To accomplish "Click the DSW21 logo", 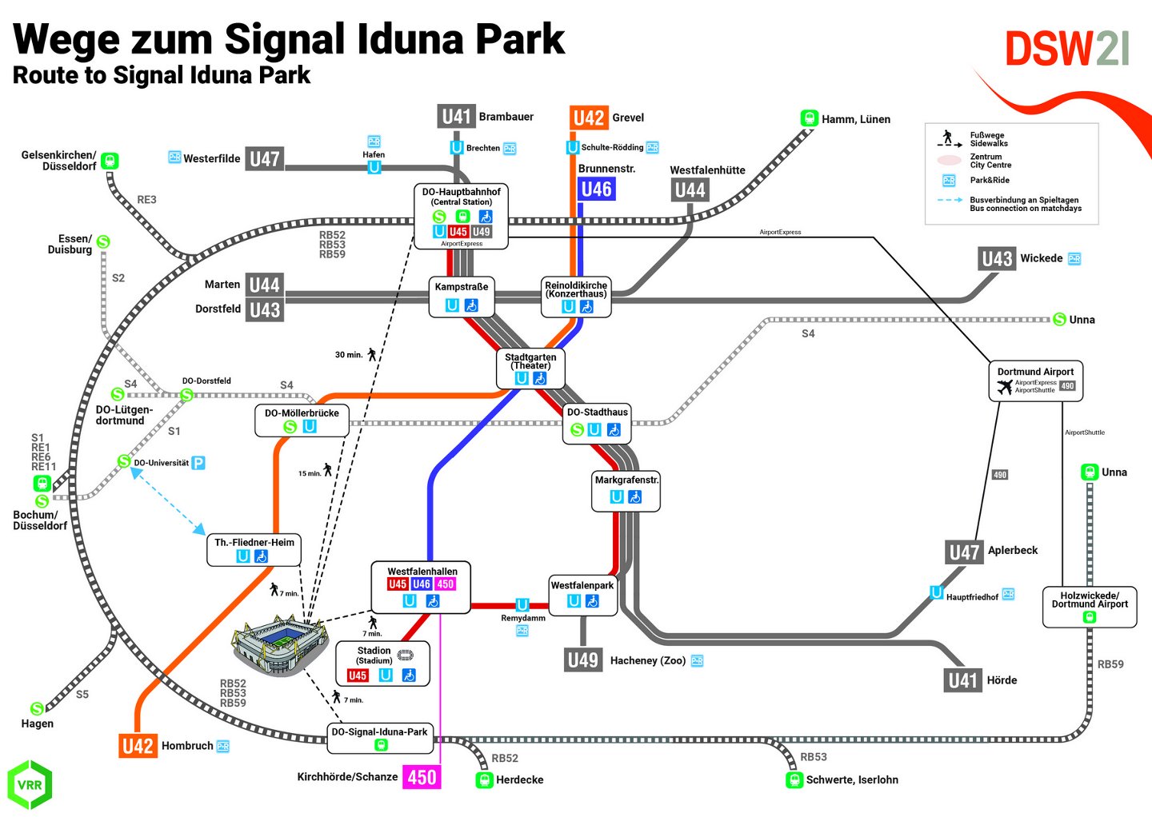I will (x=1066, y=50).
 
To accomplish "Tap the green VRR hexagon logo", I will (x=30, y=784).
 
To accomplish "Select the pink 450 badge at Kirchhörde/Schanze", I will (x=422, y=777).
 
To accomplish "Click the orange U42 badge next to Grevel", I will (x=589, y=118).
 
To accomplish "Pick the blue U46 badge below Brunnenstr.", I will (x=596, y=189).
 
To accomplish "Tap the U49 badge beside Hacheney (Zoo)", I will (x=582, y=660).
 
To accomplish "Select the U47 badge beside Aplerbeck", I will (x=964, y=552).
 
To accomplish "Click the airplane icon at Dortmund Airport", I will (x=1005, y=387).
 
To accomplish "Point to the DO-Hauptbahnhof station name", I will (x=462, y=192).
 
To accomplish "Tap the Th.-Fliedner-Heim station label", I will (x=254, y=542).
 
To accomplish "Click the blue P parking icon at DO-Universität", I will (x=198, y=463).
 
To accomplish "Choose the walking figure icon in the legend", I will (x=948, y=137).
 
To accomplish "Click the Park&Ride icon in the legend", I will (x=949, y=181).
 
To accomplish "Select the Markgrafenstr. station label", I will (x=626, y=480).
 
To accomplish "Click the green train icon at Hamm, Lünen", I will (x=810, y=118).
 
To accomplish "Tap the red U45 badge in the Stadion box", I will (x=358, y=676).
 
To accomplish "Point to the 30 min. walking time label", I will (x=349, y=354).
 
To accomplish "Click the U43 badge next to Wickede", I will (x=997, y=259).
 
